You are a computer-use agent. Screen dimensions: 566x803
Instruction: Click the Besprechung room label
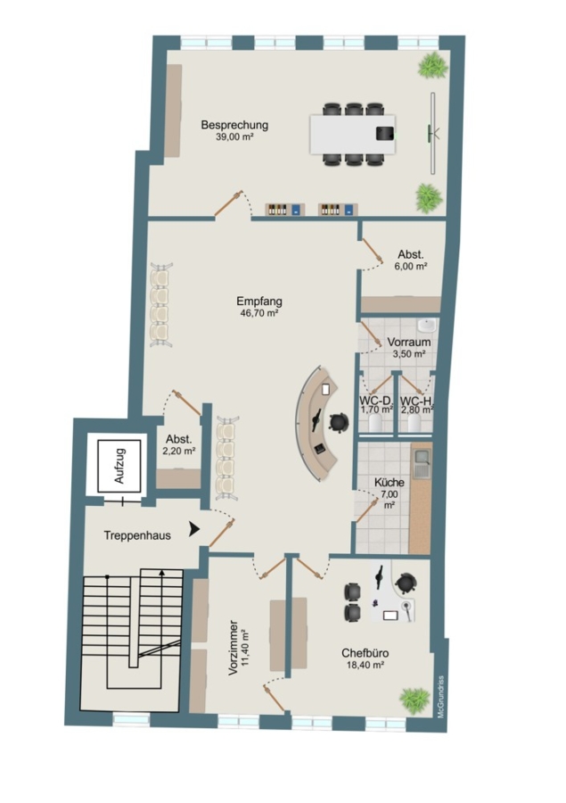tap(234, 125)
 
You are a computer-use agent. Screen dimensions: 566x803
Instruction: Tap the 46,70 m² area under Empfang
tap(259, 313)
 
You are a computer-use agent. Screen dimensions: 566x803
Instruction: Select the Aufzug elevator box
tap(119, 466)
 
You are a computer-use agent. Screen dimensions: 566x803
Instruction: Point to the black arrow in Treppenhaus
tap(194, 529)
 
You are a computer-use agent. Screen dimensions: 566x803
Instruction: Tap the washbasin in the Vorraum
tap(426, 325)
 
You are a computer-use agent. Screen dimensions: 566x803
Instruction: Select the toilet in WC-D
tap(375, 423)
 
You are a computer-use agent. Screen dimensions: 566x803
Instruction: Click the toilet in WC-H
tap(414, 423)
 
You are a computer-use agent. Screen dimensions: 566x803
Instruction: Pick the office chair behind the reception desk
tap(339, 423)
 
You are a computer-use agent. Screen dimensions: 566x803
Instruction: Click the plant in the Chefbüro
tap(414, 700)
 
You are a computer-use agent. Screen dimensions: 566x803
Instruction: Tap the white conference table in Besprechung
tap(353, 134)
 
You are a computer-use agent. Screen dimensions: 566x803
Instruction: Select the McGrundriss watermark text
tap(441, 697)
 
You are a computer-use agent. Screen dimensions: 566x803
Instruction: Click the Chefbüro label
tap(365, 653)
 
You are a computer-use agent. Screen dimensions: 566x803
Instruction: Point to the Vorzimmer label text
tap(234, 648)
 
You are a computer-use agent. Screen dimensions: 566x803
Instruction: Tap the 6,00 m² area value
tap(411, 266)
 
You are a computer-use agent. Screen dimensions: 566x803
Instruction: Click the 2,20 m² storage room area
tap(179, 451)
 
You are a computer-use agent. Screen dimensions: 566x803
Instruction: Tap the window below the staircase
tap(130, 719)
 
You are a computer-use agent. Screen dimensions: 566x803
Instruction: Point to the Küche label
tap(389, 483)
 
